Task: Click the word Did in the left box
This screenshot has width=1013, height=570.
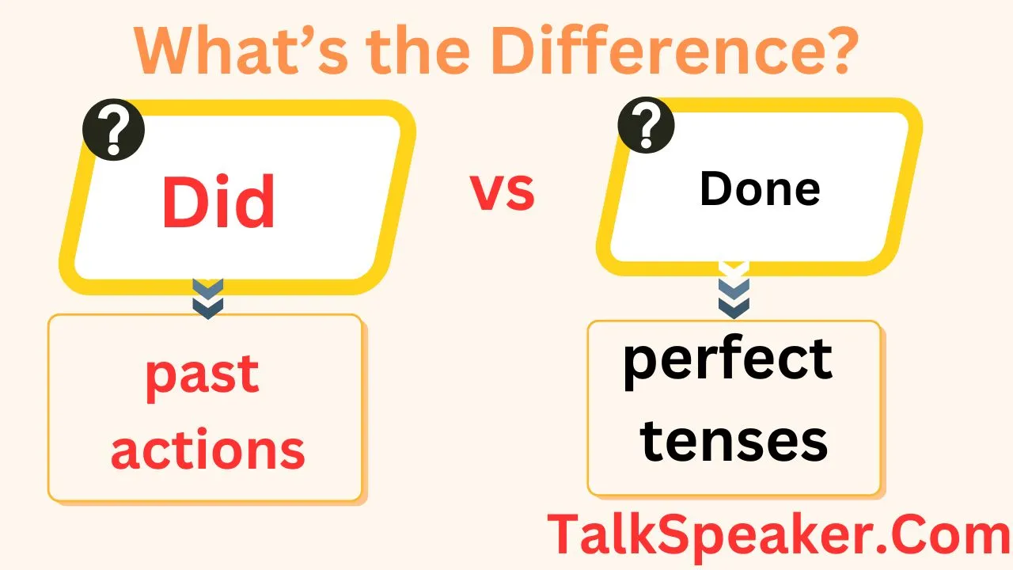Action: [x=218, y=202]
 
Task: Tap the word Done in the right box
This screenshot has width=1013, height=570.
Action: [x=760, y=189]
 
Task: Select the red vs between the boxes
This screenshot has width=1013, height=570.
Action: [x=503, y=192]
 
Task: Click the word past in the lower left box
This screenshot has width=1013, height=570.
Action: [x=203, y=374]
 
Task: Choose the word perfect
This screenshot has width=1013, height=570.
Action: [x=728, y=361]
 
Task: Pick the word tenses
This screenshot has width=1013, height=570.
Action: [x=734, y=441]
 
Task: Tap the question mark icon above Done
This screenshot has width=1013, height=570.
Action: [x=646, y=125]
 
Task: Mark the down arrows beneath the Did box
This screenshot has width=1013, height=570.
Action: [x=208, y=298]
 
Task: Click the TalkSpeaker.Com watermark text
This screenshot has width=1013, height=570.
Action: [x=779, y=536]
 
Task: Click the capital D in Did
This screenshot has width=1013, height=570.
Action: [x=184, y=202]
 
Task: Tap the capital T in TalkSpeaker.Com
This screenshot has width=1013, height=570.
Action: [x=564, y=535]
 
